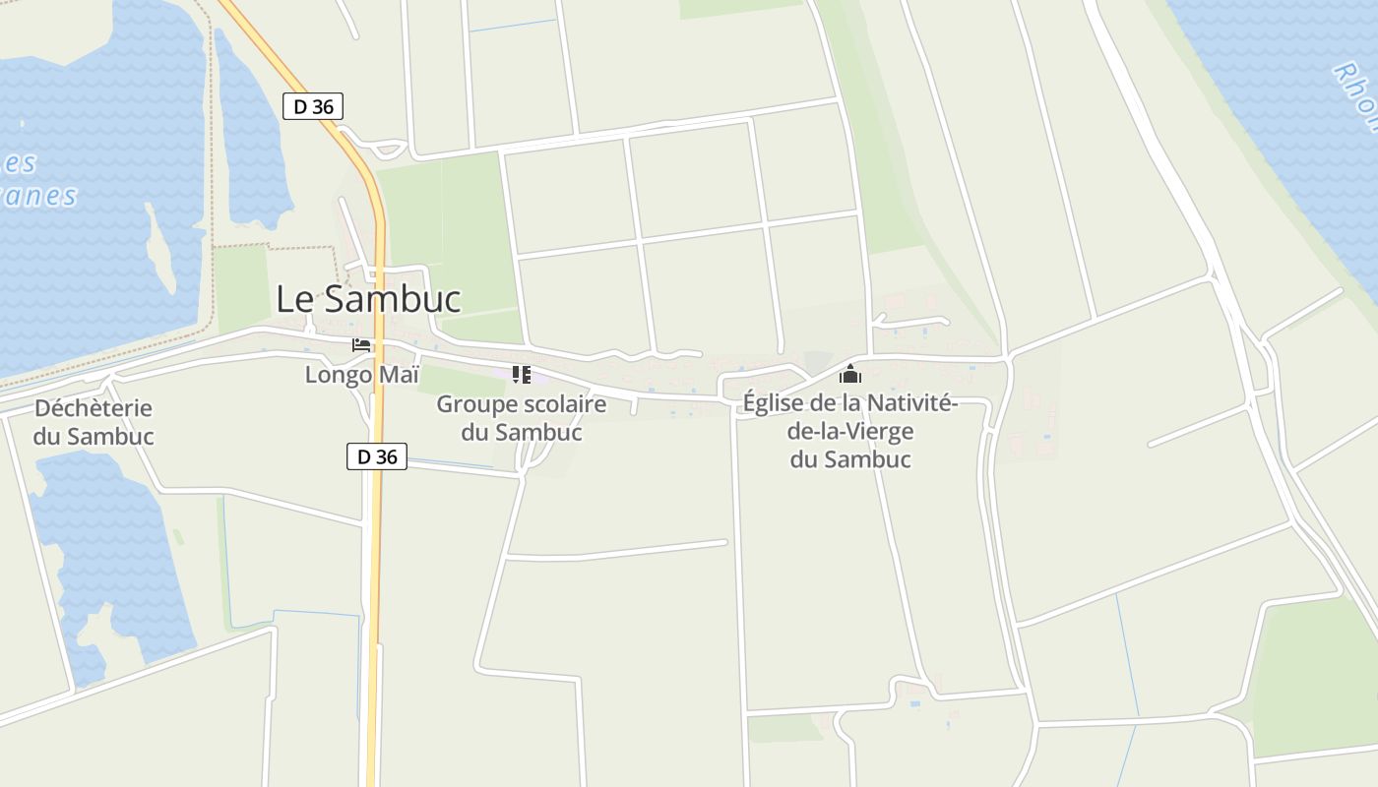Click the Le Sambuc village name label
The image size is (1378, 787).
[x=368, y=299]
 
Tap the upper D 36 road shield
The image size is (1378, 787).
[x=313, y=106]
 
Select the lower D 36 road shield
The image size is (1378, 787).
[x=377, y=456]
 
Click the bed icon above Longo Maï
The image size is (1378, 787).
[x=361, y=345]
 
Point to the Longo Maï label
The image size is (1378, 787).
[x=361, y=375]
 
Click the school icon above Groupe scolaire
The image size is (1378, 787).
[x=521, y=374]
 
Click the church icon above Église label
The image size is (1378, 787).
[x=850, y=374]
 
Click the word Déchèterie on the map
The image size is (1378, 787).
[x=94, y=408]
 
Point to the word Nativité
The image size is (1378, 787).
[x=908, y=403]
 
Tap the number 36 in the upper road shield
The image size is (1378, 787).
[x=323, y=106]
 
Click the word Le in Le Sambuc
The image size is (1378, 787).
[x=294, y=299]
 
